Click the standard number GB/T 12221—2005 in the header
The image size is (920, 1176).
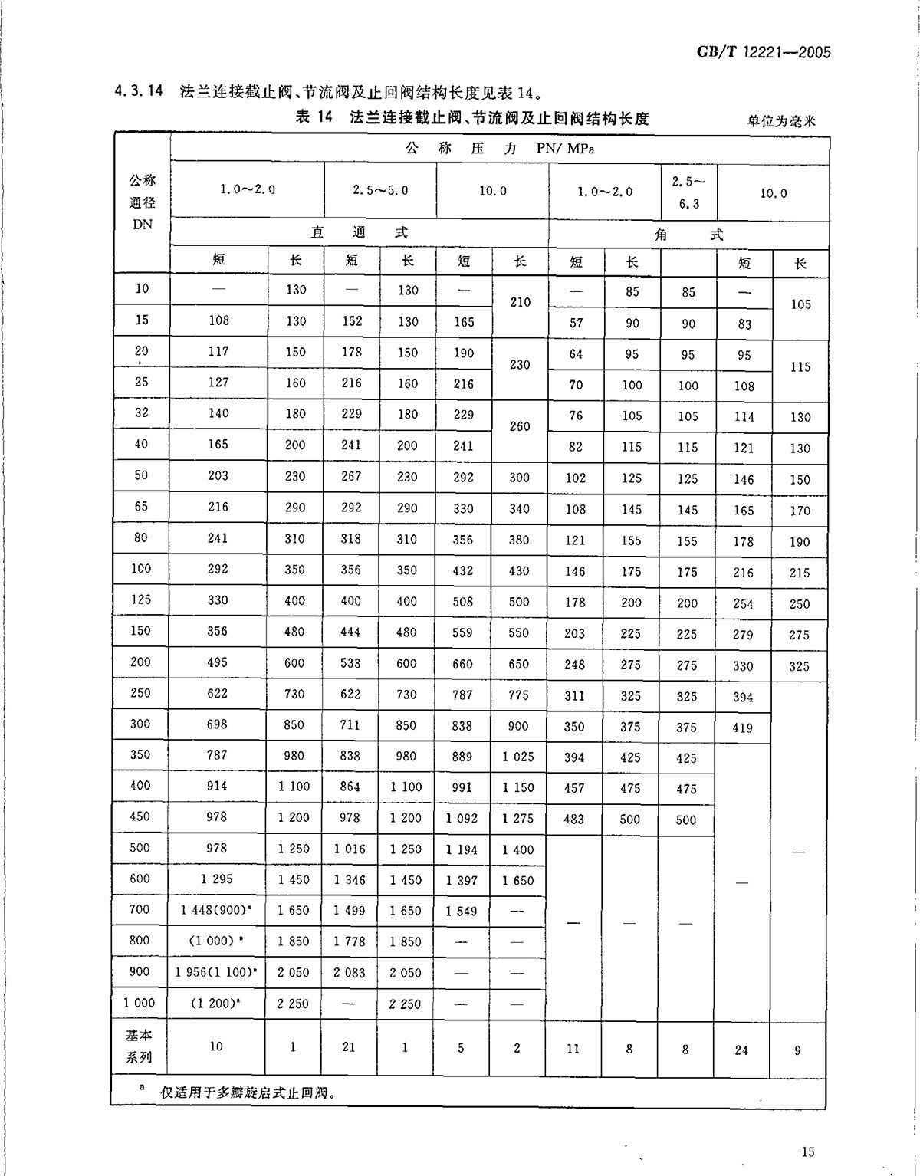pyautogui.click(x=764, y=53)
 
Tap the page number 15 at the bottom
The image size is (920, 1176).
pyautogui.click(x=807, y=1151)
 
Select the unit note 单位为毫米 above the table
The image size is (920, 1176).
pyautogui.click(x=781, y=120)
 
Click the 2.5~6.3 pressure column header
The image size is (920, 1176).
pyautogui.click(x=688, y=192)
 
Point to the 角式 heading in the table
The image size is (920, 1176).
pyautogui.click(x=688, y=235)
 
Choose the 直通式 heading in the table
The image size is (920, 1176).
pyautogui.click(x=359, y=233)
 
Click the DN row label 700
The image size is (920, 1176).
pyautogui.click(x=141, y=909)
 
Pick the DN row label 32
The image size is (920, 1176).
pyautogui.click(x=142, y=412)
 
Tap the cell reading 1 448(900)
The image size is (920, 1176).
pyautogui.click(x=217, y=910)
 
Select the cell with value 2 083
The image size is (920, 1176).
pyautogui.click(x=350, y=972)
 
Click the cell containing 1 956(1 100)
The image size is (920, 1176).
pyautogui.click(x=216, y=972)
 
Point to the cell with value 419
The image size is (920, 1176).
pyautogui.click(x=743, y=728)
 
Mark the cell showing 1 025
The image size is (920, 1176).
pyautogui.click(x=518, y=757)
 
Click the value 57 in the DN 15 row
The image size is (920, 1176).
pyautogui.click(x=577, y=324)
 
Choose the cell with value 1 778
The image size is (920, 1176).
pyautogui.click(x=350, y=941)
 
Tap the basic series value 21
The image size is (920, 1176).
pyautogui.click(x=350, y=1047)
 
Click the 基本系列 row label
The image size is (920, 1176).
pyautogui.click(x=140, y=1046)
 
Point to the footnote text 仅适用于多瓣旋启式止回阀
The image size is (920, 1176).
pyautogui.click(x=248, y=1092)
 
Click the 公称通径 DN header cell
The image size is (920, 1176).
pyautogui.click(x=142, y=202)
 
